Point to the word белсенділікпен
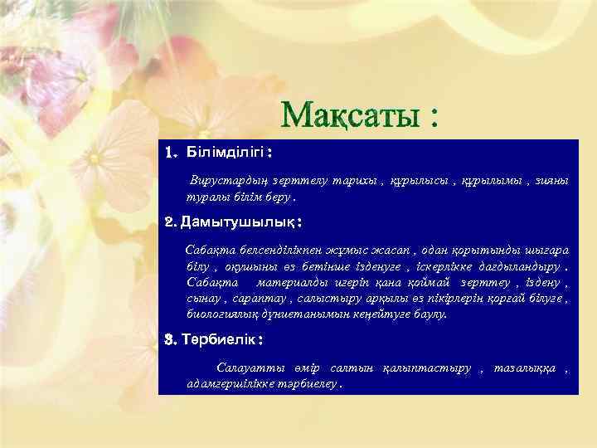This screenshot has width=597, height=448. [261, 251]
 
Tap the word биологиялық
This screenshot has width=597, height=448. [224, 314]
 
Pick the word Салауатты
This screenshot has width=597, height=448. [243, 368]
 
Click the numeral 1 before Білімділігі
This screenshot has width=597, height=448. [170, 153]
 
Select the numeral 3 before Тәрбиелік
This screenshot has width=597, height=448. [169, 340]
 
